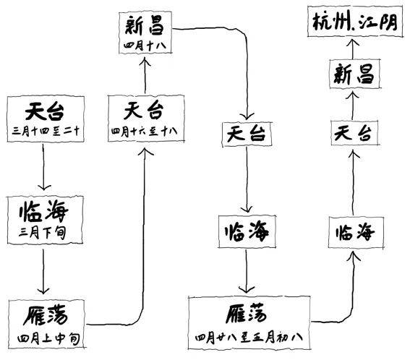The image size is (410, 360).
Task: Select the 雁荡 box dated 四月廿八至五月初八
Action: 250,322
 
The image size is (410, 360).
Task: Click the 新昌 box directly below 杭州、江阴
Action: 354,74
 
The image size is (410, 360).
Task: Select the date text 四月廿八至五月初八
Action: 250,337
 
